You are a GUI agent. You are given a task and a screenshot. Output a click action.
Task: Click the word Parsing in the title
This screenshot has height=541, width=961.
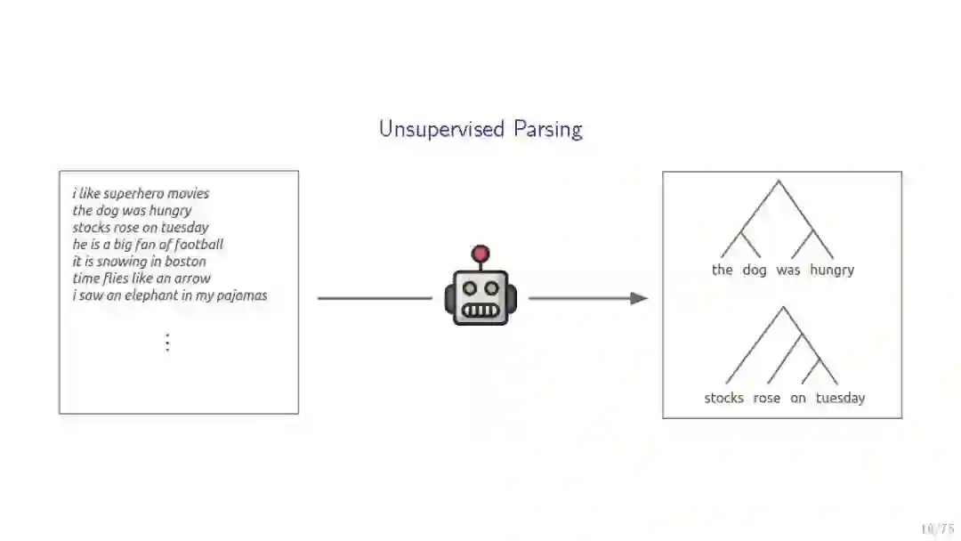click(547, 130)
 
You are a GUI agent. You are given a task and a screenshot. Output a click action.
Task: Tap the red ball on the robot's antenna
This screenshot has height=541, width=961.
click(480, 254)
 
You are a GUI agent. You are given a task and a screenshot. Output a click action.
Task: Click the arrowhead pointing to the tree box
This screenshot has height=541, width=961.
click(639, 298)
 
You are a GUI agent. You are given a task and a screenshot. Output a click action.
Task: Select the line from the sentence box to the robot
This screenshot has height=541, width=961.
click(375, 298)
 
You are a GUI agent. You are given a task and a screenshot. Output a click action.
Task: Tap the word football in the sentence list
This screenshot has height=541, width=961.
click(198, 245)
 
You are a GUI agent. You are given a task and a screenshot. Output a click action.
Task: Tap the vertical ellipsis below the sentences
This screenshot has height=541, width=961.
click(167, 343)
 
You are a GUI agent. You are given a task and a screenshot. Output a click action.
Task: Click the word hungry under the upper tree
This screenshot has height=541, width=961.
click(832, 270)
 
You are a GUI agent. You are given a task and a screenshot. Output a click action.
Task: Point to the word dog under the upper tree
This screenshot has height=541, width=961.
click(754, 270)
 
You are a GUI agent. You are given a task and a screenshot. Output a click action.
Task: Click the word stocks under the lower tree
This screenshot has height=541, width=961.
click(723, 398)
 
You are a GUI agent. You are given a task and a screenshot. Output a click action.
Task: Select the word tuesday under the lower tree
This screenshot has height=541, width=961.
click(840, 398)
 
